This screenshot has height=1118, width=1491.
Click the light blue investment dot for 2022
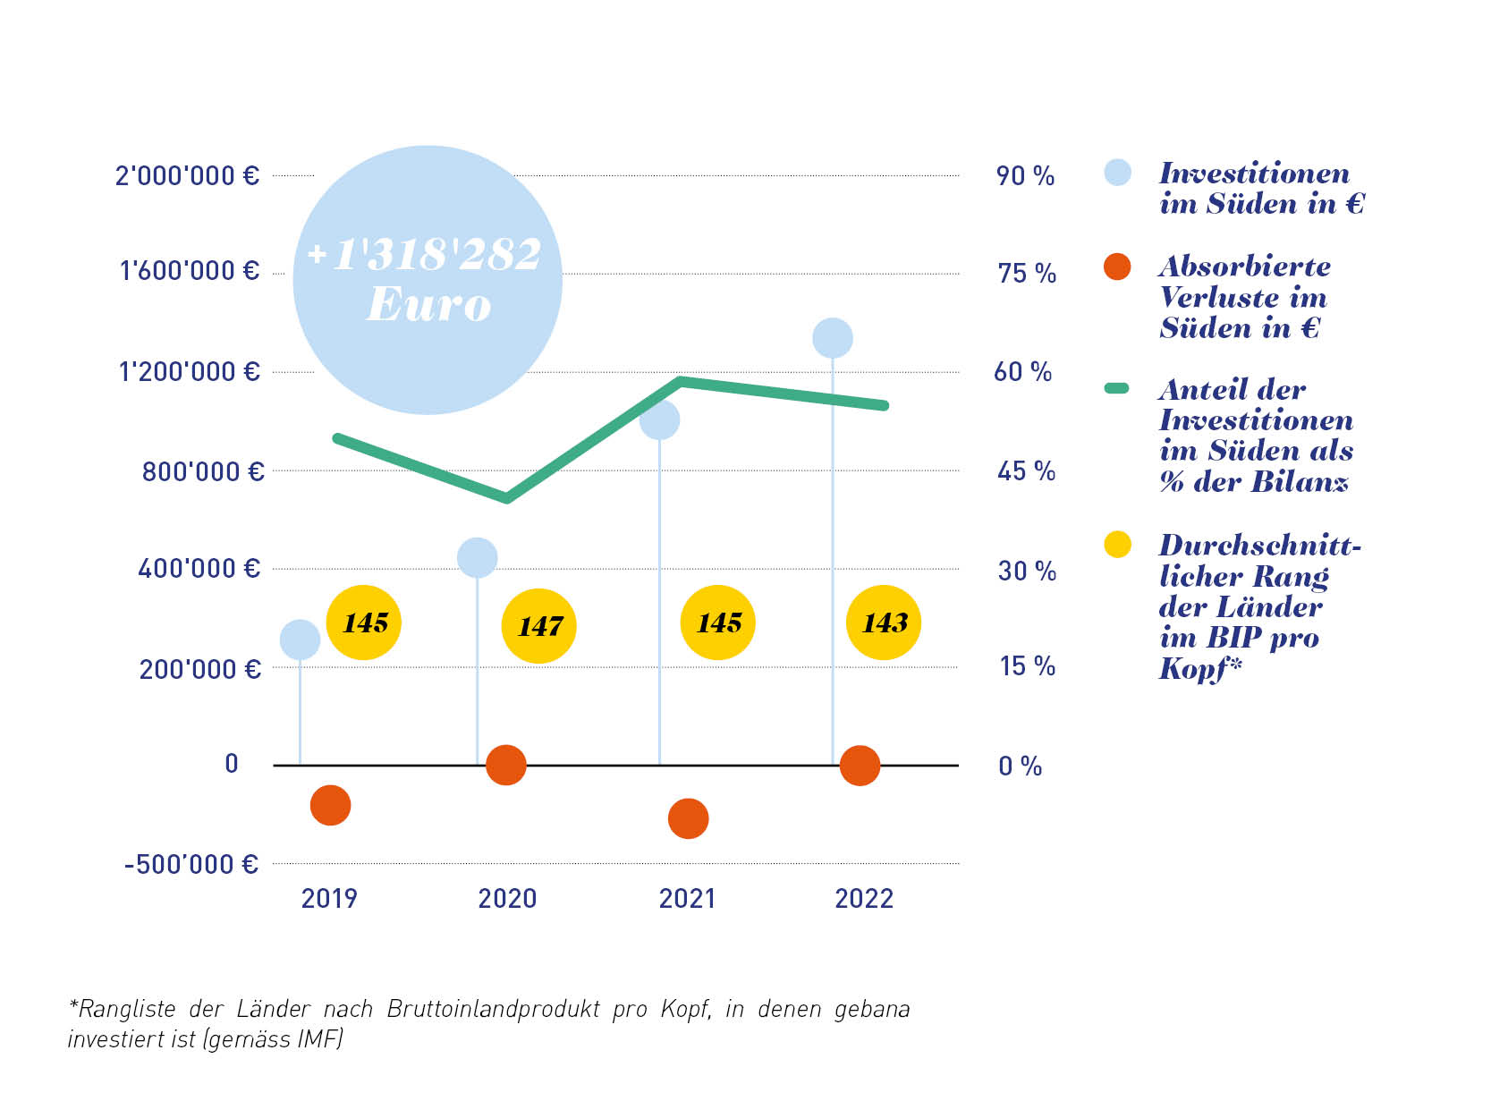[833, 338]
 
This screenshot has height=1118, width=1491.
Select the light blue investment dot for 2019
[300, 639]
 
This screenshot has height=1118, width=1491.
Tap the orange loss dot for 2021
[688, 818]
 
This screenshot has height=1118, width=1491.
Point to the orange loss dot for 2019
[330, 805]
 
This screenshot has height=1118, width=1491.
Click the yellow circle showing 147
[538, 626]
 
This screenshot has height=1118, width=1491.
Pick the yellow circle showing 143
[884, 623]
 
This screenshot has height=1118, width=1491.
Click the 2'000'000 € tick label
[187, 175]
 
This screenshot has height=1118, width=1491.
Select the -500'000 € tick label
[191, 864]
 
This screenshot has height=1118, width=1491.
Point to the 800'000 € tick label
[203, 471]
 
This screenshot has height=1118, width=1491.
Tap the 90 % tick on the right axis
[1025, 175]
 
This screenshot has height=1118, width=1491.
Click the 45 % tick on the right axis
[1026, 471]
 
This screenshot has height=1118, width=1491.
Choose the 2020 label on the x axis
[507, 898]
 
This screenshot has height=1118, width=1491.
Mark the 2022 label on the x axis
[864, 898]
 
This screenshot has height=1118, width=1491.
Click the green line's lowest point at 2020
[507, 497]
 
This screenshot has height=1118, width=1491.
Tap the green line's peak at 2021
[682, 382]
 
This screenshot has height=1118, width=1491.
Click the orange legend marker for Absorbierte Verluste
[1117, 267]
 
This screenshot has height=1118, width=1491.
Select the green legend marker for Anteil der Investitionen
[1117, 388]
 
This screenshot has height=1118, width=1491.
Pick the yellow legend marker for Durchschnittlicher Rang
[1117, 544]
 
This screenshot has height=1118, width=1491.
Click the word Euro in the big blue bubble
[428, 304]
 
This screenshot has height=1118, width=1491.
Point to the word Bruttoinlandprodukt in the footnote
[494, 1009]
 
